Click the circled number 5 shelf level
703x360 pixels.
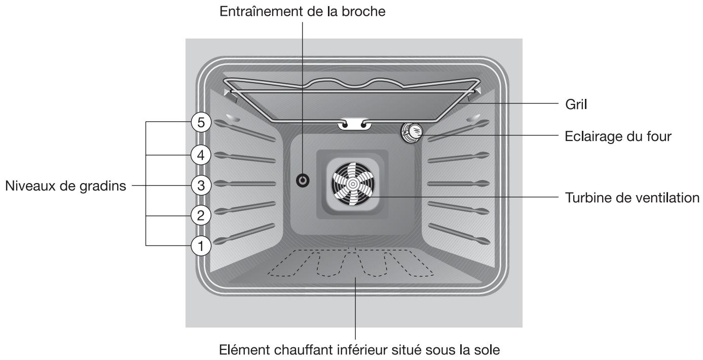(x=201, y=123)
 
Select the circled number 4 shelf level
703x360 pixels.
(x=201, y=155)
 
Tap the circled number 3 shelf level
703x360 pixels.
(x=201, y=186)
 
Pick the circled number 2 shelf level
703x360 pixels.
(x=201, y=215)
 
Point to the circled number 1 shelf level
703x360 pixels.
(x=201, y=246)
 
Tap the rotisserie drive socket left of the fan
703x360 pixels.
(x=303, y=179)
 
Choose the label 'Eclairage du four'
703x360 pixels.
(x=618, y=136)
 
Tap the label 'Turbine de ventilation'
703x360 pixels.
(x=632, y=197)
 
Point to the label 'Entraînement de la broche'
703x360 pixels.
(x=302, y=11)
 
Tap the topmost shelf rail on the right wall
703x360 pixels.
(x=459, y=130)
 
